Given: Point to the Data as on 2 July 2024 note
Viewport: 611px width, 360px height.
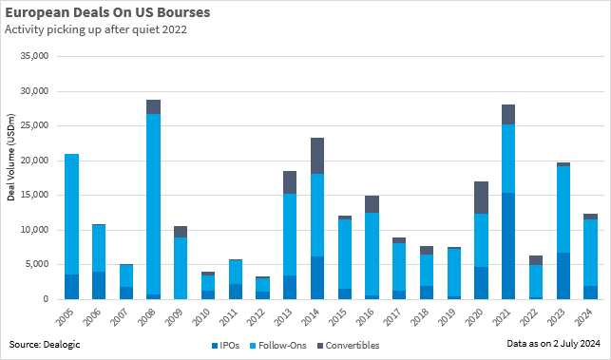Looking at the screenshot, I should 553,345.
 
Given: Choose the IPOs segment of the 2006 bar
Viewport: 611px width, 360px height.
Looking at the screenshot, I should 99,285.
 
